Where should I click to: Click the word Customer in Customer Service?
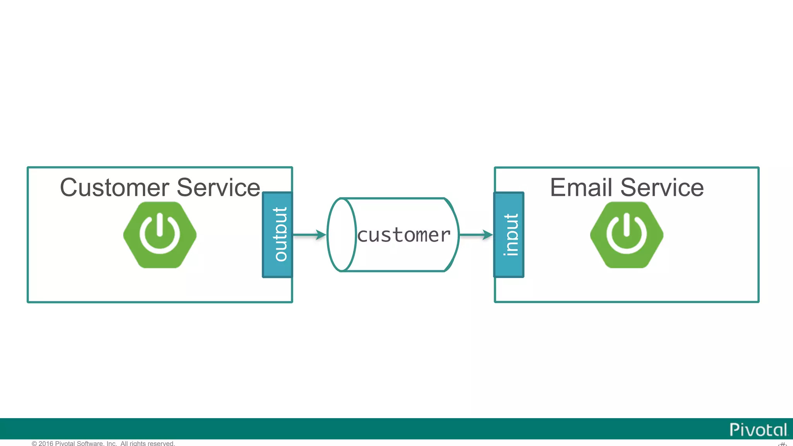(x=115, y=188)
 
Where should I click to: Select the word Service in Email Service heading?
(x=662, y=188)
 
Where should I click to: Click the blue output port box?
(x=278, y=235)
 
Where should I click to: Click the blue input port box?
(x=509, y=235)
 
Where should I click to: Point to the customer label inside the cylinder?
(x=404, y=235)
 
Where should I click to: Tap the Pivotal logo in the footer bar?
(x=758, y=430)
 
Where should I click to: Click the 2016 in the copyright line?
(x=46, y=443)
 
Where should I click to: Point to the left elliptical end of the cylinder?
(x=342, y=235)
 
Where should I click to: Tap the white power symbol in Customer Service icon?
(x=160, y=234)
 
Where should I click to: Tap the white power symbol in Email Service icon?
(x=627, y=234)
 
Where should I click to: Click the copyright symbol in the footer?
(x=34, y=443)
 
